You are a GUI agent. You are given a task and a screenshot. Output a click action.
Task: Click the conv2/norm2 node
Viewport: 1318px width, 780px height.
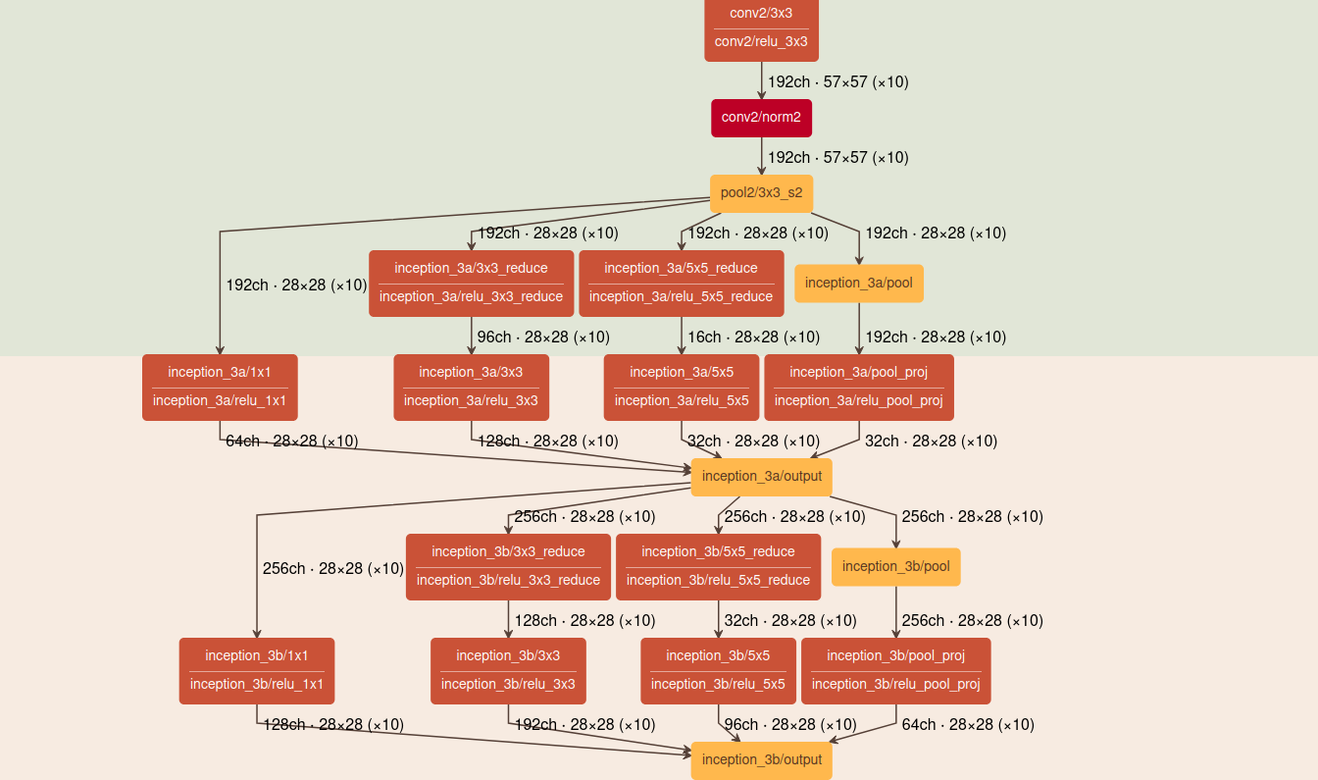click(x=761, y=118)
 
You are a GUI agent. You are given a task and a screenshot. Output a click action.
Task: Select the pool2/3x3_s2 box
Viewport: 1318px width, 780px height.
click(x=761, y=193)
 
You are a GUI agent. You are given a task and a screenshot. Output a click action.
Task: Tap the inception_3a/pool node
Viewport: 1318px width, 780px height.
click(x=858, y=284)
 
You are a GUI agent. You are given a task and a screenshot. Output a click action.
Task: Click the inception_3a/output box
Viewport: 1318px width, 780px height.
click(x=761, y=477)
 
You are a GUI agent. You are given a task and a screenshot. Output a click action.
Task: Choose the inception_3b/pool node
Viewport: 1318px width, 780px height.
click(x=895, y=567)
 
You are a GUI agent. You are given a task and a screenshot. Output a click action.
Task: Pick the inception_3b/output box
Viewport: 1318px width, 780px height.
click(x=761, y=760)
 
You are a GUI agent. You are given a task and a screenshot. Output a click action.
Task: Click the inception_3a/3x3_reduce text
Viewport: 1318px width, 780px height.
click(x=471, y=269)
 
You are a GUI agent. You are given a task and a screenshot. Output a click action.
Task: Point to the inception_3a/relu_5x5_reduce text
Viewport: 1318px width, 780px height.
click(x=681, y=297)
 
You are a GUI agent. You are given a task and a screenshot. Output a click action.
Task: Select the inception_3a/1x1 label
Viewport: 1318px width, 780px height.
click(x=220, y=373)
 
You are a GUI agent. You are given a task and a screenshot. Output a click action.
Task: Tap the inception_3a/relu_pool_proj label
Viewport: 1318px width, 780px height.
click(x=858, y=401)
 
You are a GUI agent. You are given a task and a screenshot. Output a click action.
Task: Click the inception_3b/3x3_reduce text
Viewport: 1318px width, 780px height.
click(x=508, y=552)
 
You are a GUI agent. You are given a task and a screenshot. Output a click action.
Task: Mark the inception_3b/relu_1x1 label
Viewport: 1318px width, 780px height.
click(x=257, y=685)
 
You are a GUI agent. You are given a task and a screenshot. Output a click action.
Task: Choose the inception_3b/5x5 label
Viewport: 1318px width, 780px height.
click(x=718, y=656)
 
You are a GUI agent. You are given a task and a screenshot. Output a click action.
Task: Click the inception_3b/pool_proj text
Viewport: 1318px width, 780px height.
click(x=895, y=656)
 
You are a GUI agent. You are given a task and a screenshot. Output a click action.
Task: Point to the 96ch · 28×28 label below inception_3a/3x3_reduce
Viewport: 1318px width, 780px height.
click(x=543, y=338)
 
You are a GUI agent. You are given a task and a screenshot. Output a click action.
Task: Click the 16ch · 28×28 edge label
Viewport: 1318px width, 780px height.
click(x=753, y=338)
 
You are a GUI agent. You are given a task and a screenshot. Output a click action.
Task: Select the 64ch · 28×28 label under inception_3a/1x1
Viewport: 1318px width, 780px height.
click(x=292, y=442)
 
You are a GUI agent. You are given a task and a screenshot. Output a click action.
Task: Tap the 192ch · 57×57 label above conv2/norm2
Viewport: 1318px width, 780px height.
click(x=837, y=82)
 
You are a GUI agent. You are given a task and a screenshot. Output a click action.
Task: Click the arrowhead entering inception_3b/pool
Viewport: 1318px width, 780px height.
click(x=895, y=545)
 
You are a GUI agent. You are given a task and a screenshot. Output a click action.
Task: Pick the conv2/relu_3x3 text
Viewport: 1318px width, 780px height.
click(x=761, y=42)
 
